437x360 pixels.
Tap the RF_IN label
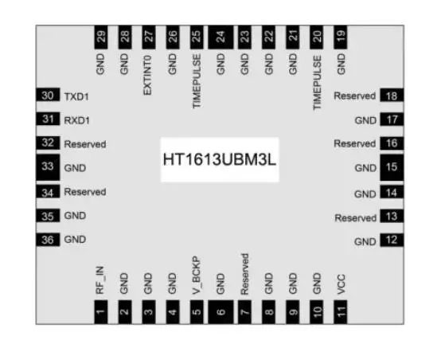coord(100,284)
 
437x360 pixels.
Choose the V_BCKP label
coord(197,276)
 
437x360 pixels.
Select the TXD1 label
coord(77,96)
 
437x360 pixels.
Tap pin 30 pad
coord(48,96)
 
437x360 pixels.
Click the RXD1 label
coord(77,120)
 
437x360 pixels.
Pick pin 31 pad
coord(48,120)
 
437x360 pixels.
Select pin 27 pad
coord(149,36)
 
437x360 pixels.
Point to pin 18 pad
coord(392,96)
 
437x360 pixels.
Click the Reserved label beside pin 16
coord(354,144)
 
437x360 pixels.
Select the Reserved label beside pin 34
coord(85,192)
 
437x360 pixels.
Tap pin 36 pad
coord(48,240)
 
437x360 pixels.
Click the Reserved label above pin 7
coord(244,273)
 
